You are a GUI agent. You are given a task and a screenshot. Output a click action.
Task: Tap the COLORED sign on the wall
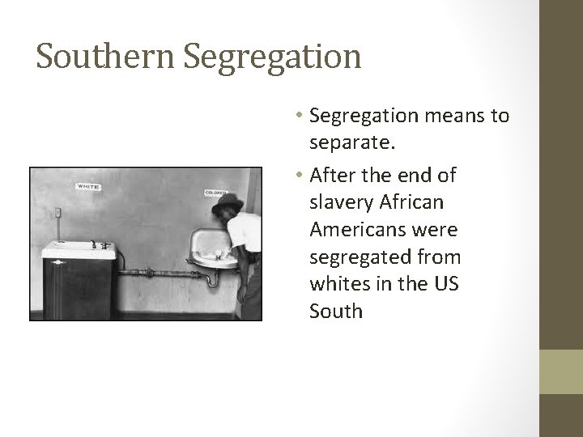pos(215,192)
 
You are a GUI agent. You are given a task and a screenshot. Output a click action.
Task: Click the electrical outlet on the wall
pos(57,214)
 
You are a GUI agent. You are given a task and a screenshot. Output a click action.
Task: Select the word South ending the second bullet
pos(335,312)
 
